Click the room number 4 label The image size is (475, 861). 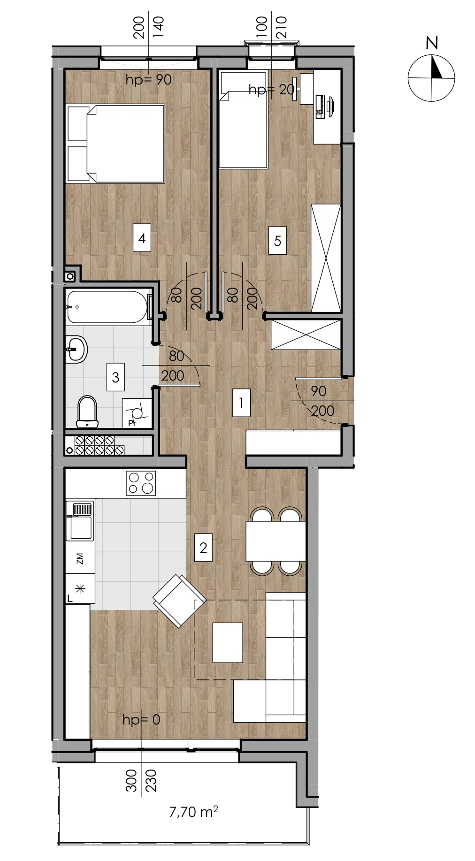click(142, 238)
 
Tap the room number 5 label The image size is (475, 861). click(277, 241)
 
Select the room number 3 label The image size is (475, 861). click(115, 377)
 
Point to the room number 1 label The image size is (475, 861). click(241, 403)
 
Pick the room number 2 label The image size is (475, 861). click(203, 548)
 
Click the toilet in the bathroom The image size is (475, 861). click(87, 412)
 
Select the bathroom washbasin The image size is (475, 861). click(76, 349)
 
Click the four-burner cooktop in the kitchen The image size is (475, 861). click(141, 483)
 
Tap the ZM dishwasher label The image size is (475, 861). click(79, 558)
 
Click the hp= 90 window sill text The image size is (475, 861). click(148, 80)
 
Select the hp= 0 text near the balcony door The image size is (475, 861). click(141, 720)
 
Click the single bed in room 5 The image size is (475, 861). click(243, 120)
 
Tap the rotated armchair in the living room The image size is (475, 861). click(179, 601)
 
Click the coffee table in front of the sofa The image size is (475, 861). click(228, 642)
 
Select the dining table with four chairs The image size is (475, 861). click(276, 541)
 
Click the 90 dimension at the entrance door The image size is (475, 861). click(318, 391)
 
